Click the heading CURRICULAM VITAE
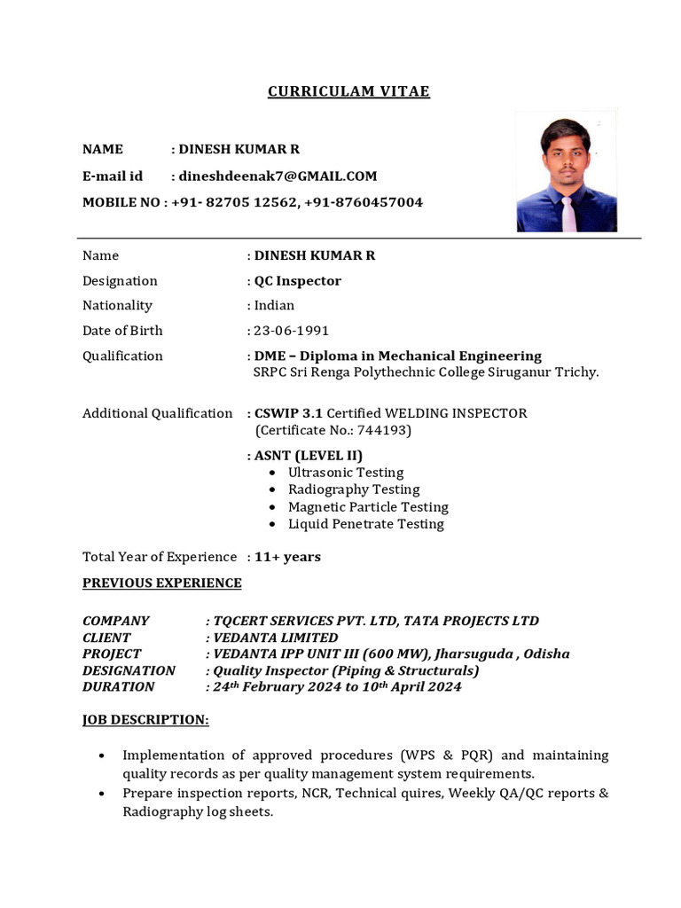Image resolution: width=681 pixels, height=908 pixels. (348, 92)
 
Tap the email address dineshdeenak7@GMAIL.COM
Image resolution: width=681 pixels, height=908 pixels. (278, 176)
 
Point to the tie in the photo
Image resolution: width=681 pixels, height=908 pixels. (567, 214)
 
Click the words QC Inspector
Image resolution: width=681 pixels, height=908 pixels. (298, 281)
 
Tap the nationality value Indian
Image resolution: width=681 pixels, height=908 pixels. (274, 306)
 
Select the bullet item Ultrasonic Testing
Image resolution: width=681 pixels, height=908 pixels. (346, 473)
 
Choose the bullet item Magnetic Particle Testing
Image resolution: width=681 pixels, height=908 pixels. (368, 507)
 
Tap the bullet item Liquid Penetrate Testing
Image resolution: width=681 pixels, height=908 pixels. (366, 524)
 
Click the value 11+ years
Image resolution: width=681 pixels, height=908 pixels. (287, 557)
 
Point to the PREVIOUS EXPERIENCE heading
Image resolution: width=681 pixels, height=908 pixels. (162, 583)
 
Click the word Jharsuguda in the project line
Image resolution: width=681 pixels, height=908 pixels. (471, 654)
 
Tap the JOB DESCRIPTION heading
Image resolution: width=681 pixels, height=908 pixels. (145, 720)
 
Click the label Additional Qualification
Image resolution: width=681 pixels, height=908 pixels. (158, 413)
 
